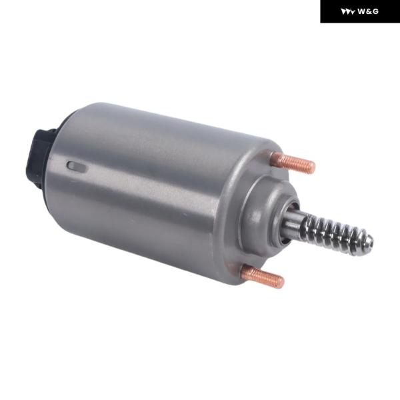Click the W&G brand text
tap(367, 11)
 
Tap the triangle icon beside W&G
tap(348, 12)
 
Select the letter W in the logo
tap(361, 11)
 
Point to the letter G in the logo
tap(375, 11)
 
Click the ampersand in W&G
tap(369, 11)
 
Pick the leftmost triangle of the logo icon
tap(344, 12)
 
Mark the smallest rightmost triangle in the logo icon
tap(353, 12)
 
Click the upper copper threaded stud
tap(293, 162)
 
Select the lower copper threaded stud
tap(263, 276)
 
